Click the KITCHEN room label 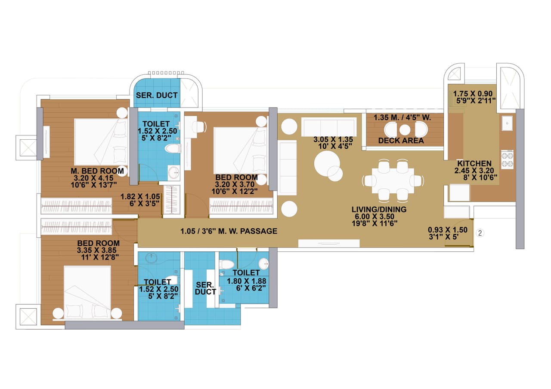(x=474, y=164)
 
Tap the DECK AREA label (x=401, y=141)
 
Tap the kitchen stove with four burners (x=507, y=159)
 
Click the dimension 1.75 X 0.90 (x=474, y=92)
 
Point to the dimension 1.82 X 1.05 (x=140, y=196)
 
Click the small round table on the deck (x=405, y=130)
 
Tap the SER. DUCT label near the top (x=157, y=95)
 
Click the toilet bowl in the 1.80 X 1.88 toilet (x=226, y=264)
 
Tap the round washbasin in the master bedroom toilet (x=174, y=173)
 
